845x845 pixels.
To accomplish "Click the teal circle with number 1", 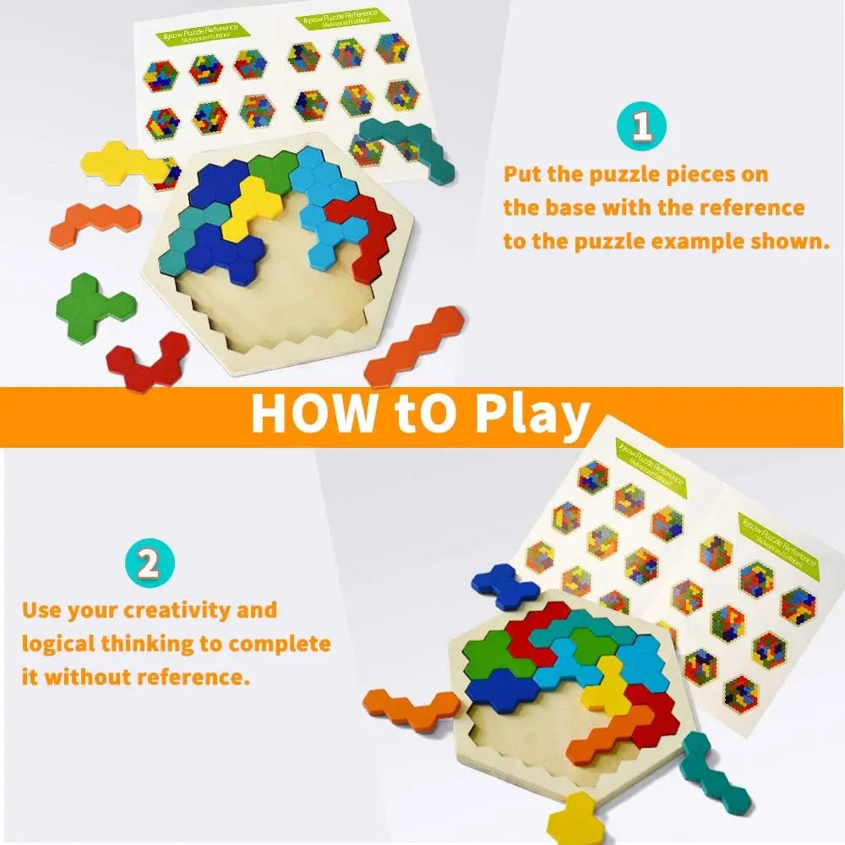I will point(642,126).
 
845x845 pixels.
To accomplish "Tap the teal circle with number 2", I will point(149,563).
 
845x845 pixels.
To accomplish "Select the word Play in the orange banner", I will point(532,413).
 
